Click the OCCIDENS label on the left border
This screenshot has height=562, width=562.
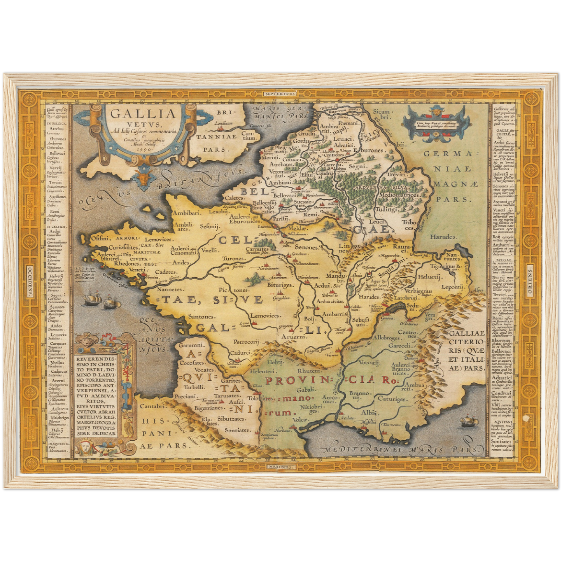30,281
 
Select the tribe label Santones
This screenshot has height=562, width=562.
201,317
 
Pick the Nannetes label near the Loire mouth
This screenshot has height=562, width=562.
170,289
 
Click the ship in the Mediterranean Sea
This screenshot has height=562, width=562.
466,421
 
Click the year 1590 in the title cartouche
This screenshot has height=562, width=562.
144,149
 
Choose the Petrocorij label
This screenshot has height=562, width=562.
246,342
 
